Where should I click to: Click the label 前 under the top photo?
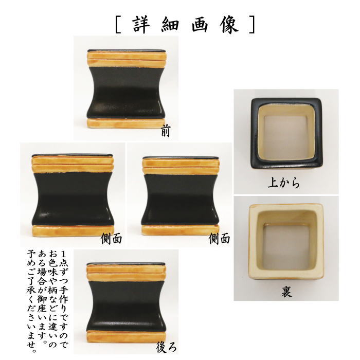(x=165, y=133)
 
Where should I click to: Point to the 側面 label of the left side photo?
(x=112, y=239)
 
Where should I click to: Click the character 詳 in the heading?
(x=139, y=25)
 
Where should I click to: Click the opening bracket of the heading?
(x=118, y=25)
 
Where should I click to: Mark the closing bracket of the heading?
(x=251, y=25)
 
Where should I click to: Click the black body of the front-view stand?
(x=127, y=93)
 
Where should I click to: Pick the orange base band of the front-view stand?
(x=127, y=123)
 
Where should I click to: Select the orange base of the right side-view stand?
(x=180, y=229)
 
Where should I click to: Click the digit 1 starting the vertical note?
(x=63, y=254)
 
